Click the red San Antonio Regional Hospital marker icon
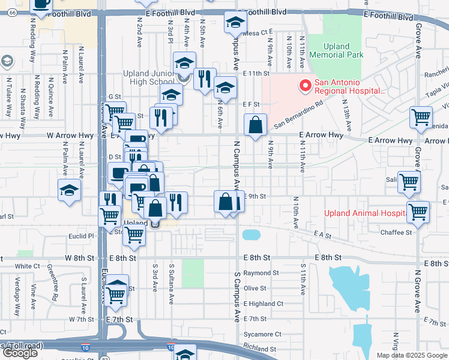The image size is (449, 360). tap(305, 86)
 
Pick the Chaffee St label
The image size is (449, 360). tap(396, 232)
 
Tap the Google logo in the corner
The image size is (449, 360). tap(20, 353)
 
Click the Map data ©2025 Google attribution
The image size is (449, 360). tap(412, 355)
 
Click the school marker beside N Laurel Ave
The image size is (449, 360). tap(70, 190)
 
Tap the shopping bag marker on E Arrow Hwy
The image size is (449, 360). tap(256, 125)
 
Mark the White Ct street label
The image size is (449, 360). tap(27, 266)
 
